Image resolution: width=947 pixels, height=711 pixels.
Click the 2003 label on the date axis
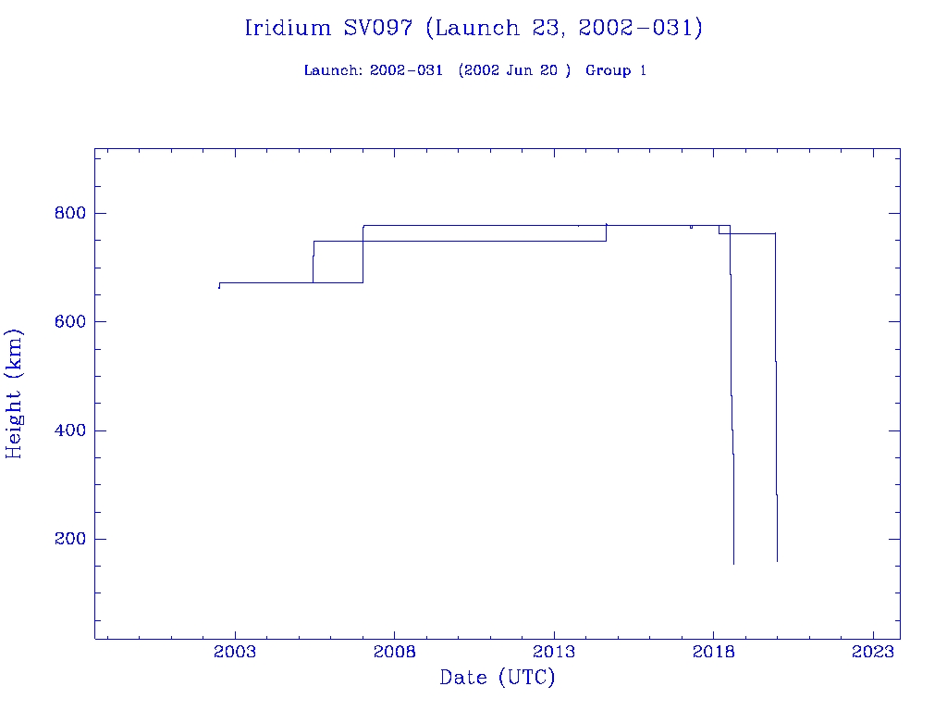coord(235,652)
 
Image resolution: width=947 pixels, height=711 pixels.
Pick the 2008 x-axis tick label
coord(395,652)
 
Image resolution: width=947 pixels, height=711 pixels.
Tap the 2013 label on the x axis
coord(554,652)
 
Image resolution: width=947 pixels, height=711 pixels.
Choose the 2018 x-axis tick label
coord(714,652)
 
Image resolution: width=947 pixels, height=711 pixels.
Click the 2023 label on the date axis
coord(873,652)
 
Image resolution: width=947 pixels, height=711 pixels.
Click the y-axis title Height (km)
coord(15,393)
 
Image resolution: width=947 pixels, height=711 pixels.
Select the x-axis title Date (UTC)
coord(498,678)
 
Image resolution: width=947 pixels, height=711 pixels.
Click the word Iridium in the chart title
coord(288,28)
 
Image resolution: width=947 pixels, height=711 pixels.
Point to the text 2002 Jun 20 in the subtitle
coord(515,70)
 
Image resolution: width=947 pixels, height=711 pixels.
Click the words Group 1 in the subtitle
coord(615,70)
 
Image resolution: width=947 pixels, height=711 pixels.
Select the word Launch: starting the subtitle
coord(333,70)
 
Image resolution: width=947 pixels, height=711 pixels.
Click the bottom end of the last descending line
coord(777,561)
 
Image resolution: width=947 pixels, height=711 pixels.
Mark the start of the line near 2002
coord(218,288)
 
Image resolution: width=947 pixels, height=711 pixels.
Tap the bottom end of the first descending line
coord(733,564)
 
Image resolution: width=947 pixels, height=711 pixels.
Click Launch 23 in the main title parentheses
coord(492,28)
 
